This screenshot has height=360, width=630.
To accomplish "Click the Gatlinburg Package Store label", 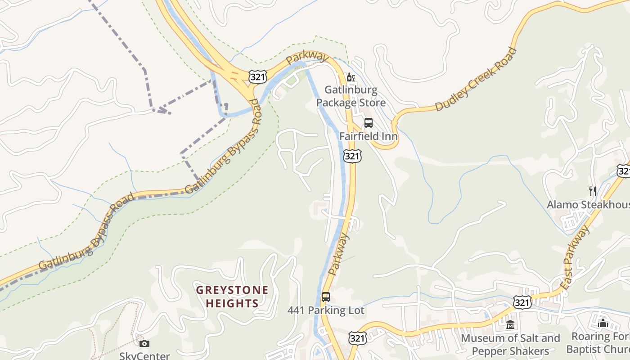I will coord(351,96).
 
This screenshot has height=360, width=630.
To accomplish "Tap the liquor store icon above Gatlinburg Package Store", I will coord(351,77).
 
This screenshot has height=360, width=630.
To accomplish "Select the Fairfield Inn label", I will coord(368,136).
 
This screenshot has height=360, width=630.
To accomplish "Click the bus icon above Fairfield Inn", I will coord(369,122).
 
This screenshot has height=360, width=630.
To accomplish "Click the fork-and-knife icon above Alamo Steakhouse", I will coord(592,191).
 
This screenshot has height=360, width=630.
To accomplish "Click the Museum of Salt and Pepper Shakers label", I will coord(510,345).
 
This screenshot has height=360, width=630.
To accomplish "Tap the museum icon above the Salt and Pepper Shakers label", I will coord(510,324).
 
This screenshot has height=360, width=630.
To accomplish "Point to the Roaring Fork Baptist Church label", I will coord(598,343).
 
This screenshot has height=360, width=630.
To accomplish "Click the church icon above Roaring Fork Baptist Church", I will coord(603,323).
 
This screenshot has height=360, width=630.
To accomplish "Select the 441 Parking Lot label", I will coord(326,310).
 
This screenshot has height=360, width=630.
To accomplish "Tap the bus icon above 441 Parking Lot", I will coord(326,297).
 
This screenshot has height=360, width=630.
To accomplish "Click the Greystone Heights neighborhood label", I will coord(232,297).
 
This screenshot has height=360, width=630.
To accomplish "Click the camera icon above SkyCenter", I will coord(144,344).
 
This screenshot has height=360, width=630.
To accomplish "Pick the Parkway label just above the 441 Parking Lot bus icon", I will coord(338,254).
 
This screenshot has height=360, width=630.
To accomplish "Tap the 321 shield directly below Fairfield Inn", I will coord(352,156).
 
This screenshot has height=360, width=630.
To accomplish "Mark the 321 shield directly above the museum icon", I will coord(522,302).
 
